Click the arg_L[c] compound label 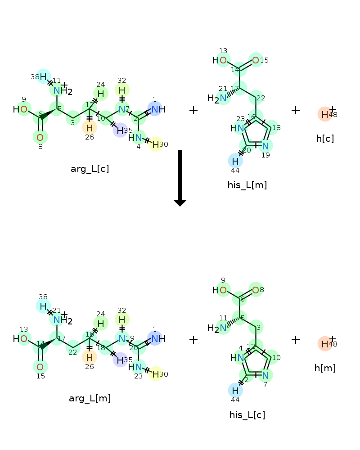click(90, 169)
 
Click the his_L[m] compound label click(247, 185)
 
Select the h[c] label click(324, 139)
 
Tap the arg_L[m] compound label click(90, 398)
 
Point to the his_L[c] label click(247, 414)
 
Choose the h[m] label click(325, 368)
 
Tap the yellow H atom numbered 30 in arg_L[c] click(154, 144)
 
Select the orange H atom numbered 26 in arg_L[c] click(89, 127)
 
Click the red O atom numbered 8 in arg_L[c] click(40, 137)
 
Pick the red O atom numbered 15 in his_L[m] click(256, 60)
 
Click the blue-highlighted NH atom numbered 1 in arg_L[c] click(155, 109)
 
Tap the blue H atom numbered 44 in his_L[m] click(235, 161)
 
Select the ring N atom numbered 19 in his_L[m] click(265, 146)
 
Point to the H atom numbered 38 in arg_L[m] click(43, 306)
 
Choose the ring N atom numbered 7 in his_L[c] click(265, 375)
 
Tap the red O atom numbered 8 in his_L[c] click(256, 290)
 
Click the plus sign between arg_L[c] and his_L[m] click(193, 110)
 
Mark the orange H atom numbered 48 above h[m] click(325, 344)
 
